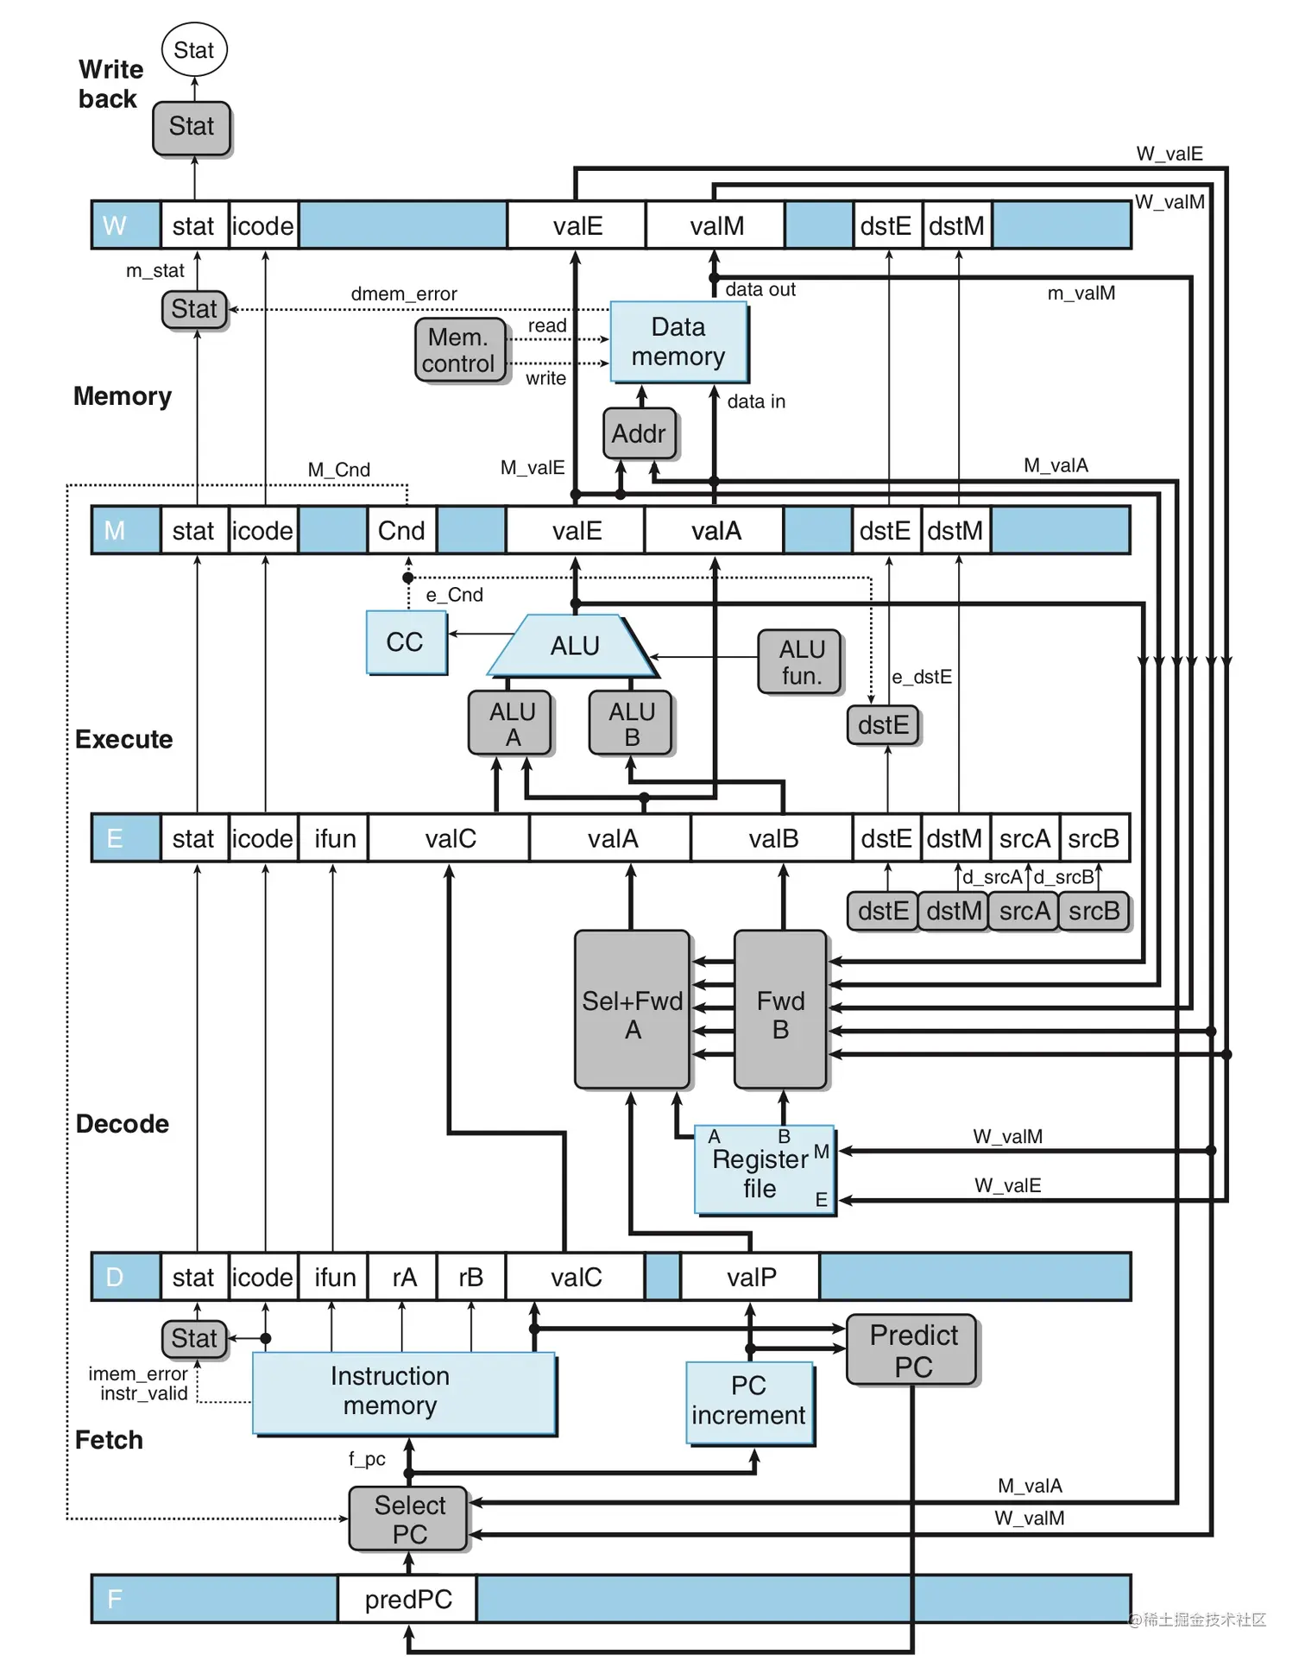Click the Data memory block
click(678, 342)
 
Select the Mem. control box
click(458, 350)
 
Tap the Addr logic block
click(639, 433)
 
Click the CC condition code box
click(406, 642)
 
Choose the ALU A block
click(512, 723)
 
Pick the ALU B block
click(632, 723)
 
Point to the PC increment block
click(748, 1402)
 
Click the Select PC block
click(409, 1519)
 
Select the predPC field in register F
click(407, 1600)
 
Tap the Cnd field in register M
click(401, 531)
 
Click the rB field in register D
click(470, 1277)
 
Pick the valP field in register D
click(751, 1277)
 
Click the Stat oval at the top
click(194, 50)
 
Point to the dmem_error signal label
click(404, 294)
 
